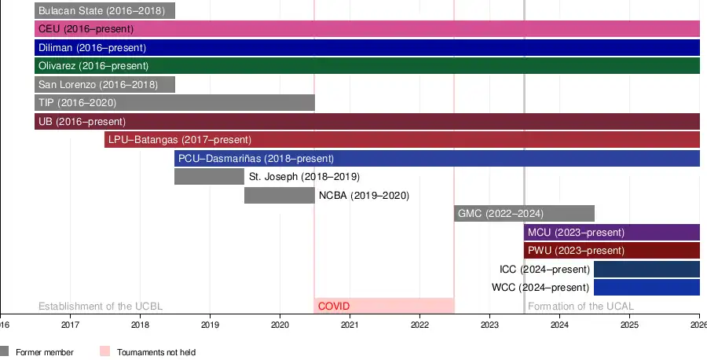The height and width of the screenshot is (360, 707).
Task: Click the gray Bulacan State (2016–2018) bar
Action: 104,11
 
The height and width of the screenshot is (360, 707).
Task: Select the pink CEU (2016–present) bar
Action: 367,29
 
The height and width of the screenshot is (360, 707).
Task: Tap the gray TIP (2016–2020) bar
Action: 174,103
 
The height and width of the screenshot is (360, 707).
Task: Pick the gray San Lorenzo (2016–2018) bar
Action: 104,84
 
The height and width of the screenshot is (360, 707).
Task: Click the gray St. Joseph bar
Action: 209,177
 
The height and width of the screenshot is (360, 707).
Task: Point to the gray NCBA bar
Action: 279,195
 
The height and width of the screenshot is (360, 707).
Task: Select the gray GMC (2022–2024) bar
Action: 524,214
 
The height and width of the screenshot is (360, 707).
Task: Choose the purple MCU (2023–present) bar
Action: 611,233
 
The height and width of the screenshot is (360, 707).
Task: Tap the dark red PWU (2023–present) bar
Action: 611,251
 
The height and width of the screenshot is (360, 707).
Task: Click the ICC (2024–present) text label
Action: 544,270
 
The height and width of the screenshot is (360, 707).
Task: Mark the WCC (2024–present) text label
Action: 540,288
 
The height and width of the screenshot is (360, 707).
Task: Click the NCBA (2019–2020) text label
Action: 364,196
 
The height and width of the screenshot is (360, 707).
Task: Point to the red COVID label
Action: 334,306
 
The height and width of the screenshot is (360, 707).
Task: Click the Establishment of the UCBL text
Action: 101,307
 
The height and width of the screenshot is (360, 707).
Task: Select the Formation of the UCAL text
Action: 581,307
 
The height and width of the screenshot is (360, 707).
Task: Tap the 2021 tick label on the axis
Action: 350,324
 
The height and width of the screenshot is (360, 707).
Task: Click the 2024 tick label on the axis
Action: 559,324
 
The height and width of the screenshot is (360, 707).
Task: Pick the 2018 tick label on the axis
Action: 140,324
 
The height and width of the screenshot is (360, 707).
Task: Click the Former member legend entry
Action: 44,352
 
